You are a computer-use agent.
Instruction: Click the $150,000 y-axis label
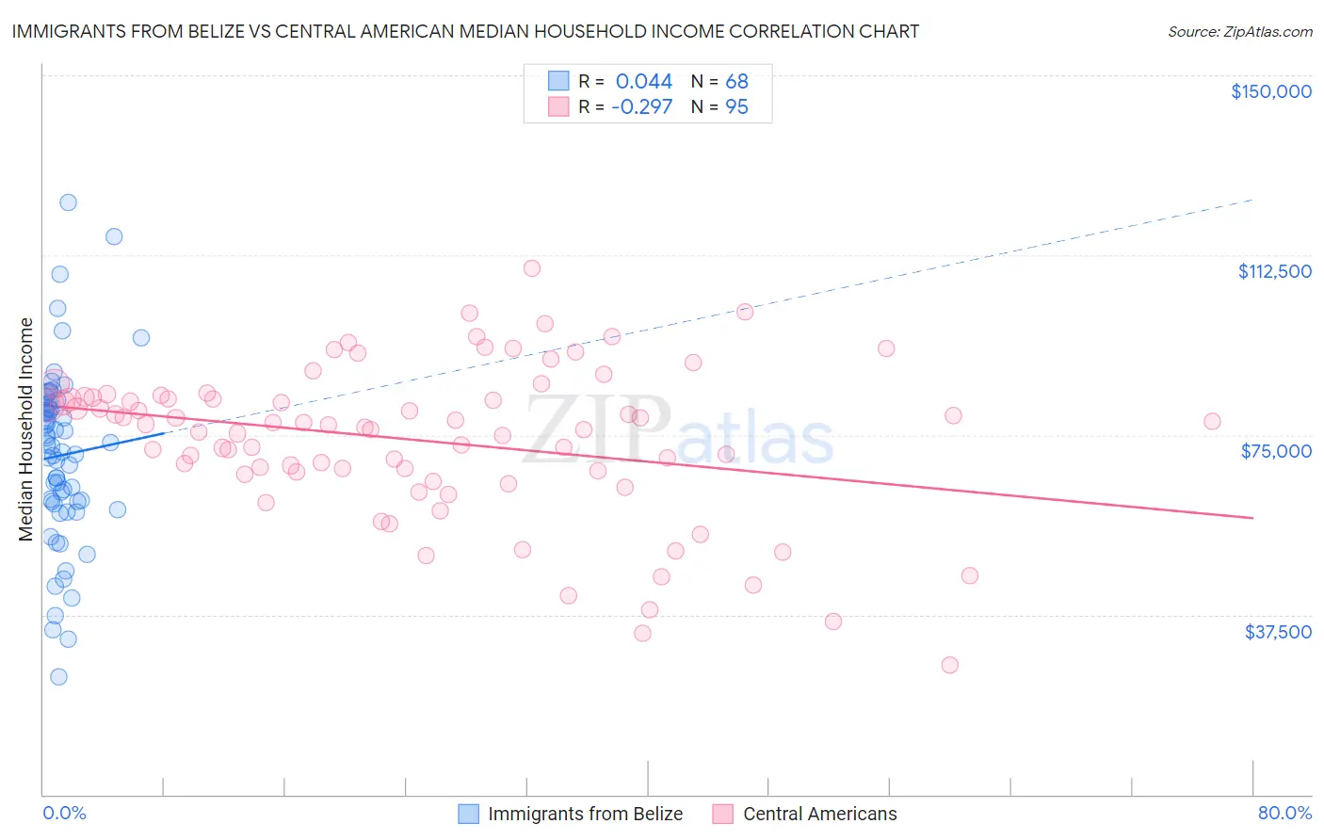(1270, 91)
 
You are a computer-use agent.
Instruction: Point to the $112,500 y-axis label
(1274, 271)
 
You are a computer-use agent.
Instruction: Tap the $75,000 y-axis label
(1276, 451)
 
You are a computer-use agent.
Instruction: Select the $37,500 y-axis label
(1278, 632)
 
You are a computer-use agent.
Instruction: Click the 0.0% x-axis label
(64, 813)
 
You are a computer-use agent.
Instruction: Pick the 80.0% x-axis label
(1284, 813)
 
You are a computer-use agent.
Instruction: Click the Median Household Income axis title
(26, 429)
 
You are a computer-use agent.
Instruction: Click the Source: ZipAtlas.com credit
(1239, 32)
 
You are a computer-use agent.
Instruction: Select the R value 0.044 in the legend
(644, 81)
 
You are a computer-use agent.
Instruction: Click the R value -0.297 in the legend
(641, 106)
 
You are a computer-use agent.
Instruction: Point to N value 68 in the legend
(736, 81)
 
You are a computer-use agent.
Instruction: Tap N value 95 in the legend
(736, 106)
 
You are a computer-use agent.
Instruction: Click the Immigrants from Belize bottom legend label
(585, 814)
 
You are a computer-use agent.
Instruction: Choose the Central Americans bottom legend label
(819, 814)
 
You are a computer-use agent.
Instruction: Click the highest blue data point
(68, 202)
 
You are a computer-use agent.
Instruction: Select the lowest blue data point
(58, 676)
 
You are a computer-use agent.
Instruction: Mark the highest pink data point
(532, 268)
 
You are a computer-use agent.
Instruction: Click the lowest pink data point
(949, 665)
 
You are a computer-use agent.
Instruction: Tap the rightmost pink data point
(1212, 421)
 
